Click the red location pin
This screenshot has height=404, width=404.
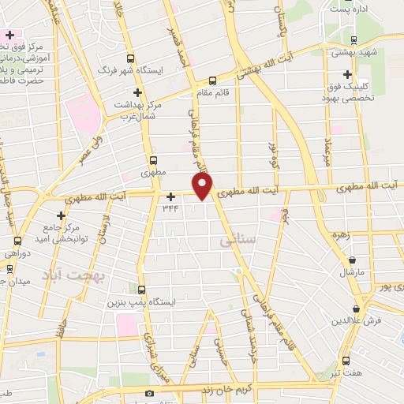(203, 186)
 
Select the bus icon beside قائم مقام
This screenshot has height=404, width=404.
(211, 80)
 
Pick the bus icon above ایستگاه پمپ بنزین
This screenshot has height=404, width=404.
(142, 290)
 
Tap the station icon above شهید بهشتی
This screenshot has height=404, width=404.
(353, 40)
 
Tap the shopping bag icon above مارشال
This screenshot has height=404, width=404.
(352, 260)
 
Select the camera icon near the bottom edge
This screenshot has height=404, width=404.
(150, 394)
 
